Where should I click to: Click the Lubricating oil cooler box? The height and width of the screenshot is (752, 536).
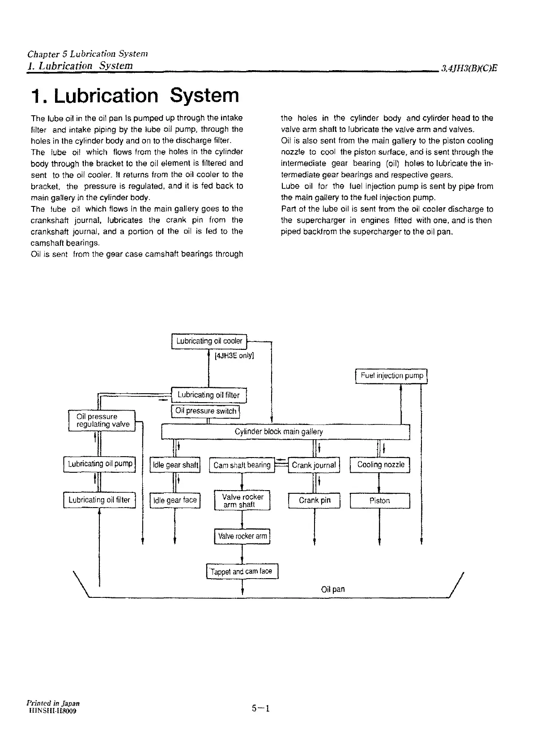[x=209, y=341]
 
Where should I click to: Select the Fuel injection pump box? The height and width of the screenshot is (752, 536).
[x=391, y=376]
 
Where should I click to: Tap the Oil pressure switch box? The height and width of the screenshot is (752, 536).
[x=206, y=411]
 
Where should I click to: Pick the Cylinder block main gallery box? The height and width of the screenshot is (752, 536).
[x=285, y=432]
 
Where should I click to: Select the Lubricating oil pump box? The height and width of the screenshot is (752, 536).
[x=100, y=464]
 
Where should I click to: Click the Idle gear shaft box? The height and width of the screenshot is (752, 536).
[x=175, y=465]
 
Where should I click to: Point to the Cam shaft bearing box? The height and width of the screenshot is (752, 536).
[x=242, y=465]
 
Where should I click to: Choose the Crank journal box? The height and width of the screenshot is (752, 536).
[x=314, y=465]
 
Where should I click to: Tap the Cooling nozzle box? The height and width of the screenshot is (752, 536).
[x=380, y=465]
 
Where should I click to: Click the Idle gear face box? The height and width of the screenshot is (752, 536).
[x=175, y=500]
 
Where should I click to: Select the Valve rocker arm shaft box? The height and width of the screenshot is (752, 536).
[x=242, y=500]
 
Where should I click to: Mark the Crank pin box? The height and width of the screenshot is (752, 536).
[x=315, y=500]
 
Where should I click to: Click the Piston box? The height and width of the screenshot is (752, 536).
[x=380, y=501]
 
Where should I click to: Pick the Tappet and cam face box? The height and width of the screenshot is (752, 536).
[x=242, y=571]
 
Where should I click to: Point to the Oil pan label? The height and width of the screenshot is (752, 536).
[x=333, y=589]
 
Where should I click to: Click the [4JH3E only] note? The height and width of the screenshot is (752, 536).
[x=234, y=356]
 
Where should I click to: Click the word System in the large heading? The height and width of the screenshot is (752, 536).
[x=205, y=96]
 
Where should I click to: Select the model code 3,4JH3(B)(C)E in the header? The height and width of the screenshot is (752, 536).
[x=469, y=68]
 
